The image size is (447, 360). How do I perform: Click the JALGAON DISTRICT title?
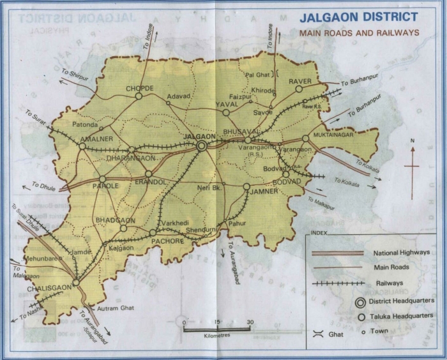point(360,17)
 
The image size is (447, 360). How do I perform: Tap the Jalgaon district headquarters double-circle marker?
point(202,146)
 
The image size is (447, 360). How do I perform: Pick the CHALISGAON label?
point(49,288)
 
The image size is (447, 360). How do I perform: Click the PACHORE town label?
point(168,241)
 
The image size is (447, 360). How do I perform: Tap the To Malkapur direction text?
point(321,200)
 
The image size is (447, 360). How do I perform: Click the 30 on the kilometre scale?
point(250,322)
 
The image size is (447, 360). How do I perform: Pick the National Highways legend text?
point(402,253)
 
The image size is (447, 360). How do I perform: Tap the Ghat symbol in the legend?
point(318,333)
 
